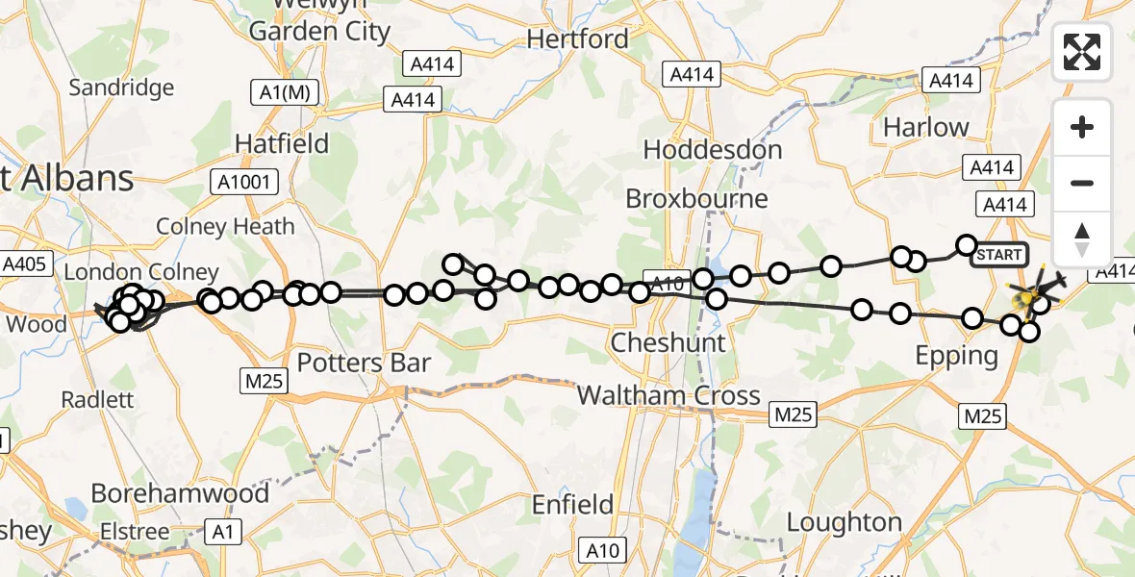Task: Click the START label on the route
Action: (x=999, y=255)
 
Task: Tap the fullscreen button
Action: (x=1082, y=52)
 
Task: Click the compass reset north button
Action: (x=1082, y=238)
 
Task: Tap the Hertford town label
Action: (x=578, y=39)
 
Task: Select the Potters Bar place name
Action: (x=364, y=364)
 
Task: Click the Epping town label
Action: (x=957, y=356)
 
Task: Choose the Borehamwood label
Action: (x=180, y=494)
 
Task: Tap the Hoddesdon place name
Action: (x=713, y=150)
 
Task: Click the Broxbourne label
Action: (x=697, y=199)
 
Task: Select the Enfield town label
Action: (x=573, y=504)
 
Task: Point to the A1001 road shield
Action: (x=245, y=181)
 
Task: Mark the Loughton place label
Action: (x=845, y=522)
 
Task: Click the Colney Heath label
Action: (x=225, y=227)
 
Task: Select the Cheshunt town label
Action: (x=668, y=342)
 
